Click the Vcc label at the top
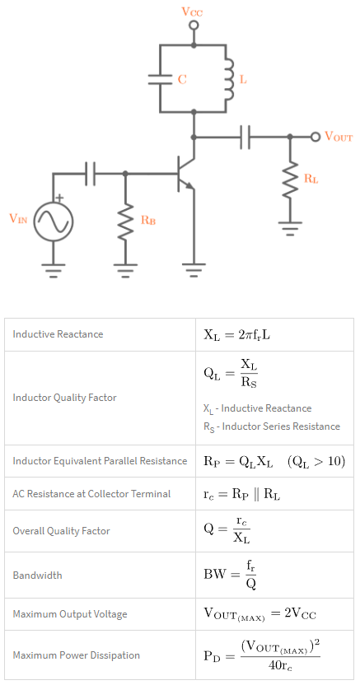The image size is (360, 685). click(x=194, y=11)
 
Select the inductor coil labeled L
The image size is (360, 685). click(x=228, y=79)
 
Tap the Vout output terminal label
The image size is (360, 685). click(x=339, y=137)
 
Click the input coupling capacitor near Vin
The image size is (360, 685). click(x=90, y=174)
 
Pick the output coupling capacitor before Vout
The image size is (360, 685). click(x=244, y=137)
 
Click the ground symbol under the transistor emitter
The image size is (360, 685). click(x=194, y=268)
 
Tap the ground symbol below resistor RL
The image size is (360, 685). click(x=290, y=226)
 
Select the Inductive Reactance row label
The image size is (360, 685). click(x=58, y=334)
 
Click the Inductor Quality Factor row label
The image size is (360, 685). click(x=64, y=398)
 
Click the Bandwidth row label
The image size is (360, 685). click(x=37, y=575)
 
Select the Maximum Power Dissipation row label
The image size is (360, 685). click(x=76, y=655)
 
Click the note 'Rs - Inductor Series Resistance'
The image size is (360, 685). click(x=271, y=426)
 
